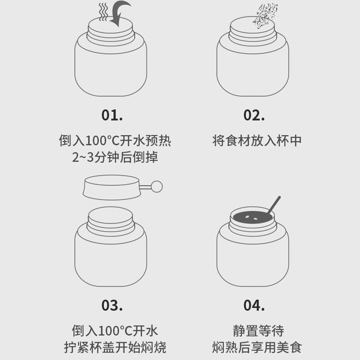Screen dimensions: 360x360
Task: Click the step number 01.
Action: point(112,115)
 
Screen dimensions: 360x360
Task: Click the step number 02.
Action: point(254,115)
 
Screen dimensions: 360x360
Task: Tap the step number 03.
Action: point(112,306)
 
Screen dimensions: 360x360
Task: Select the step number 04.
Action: point(254,306)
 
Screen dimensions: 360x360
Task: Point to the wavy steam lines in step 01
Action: point(103,12)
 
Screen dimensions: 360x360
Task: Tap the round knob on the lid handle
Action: point(157,186)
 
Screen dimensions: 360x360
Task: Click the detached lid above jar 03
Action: point(111,187)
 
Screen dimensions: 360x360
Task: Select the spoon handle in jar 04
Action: point(274,204)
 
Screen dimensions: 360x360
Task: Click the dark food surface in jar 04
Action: point(252,217)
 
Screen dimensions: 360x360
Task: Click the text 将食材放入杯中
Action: point(257,140)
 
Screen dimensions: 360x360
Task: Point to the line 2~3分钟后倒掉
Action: point(115,157)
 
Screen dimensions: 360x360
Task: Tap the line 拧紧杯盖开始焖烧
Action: point(115,347)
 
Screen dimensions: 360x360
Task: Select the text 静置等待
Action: point(258,331)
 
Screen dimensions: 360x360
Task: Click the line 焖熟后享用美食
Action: point(257,347)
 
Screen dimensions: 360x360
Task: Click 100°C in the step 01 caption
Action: point(102,140)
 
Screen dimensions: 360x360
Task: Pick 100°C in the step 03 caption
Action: point(115,331)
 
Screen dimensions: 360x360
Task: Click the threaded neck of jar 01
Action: point(110,37)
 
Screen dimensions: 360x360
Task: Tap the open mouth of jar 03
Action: point(110,215)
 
